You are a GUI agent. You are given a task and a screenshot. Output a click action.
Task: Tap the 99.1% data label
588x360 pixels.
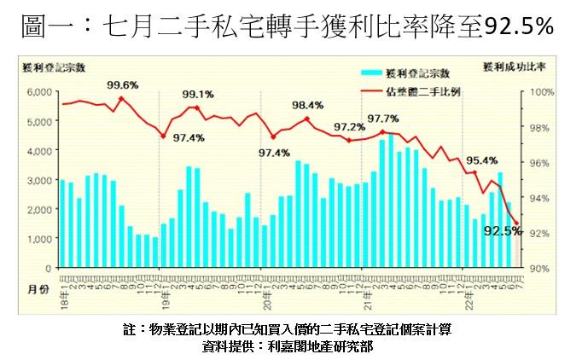tap(198, 95)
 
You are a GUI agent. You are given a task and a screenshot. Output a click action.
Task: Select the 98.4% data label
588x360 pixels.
tap(308, 105)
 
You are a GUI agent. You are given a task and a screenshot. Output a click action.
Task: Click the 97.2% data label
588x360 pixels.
tap(350, 127)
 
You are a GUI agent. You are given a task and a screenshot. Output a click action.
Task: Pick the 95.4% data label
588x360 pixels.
tap(482, 160)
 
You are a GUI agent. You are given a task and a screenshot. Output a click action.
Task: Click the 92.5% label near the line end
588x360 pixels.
tap(502, 230)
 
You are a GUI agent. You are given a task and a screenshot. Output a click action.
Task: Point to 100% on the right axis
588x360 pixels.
tap(543, 92)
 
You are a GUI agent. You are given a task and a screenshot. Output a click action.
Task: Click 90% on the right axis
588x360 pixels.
tap(543, 268)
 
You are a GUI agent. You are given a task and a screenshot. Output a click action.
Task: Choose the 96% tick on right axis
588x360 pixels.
tap(543, 162)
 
